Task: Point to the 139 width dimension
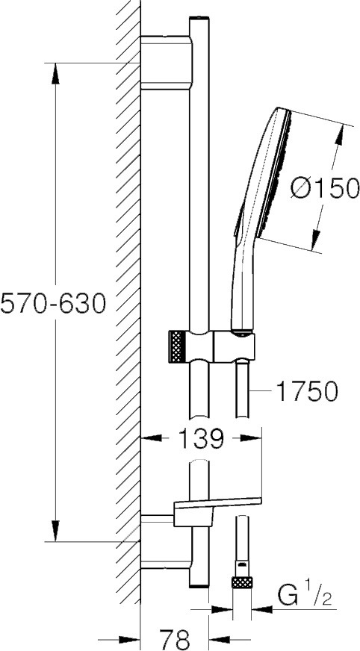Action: pos(202,438)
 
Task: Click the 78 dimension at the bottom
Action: pos(174,639)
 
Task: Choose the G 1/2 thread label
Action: pos(305,597)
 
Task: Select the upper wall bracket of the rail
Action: pos(167,63)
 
